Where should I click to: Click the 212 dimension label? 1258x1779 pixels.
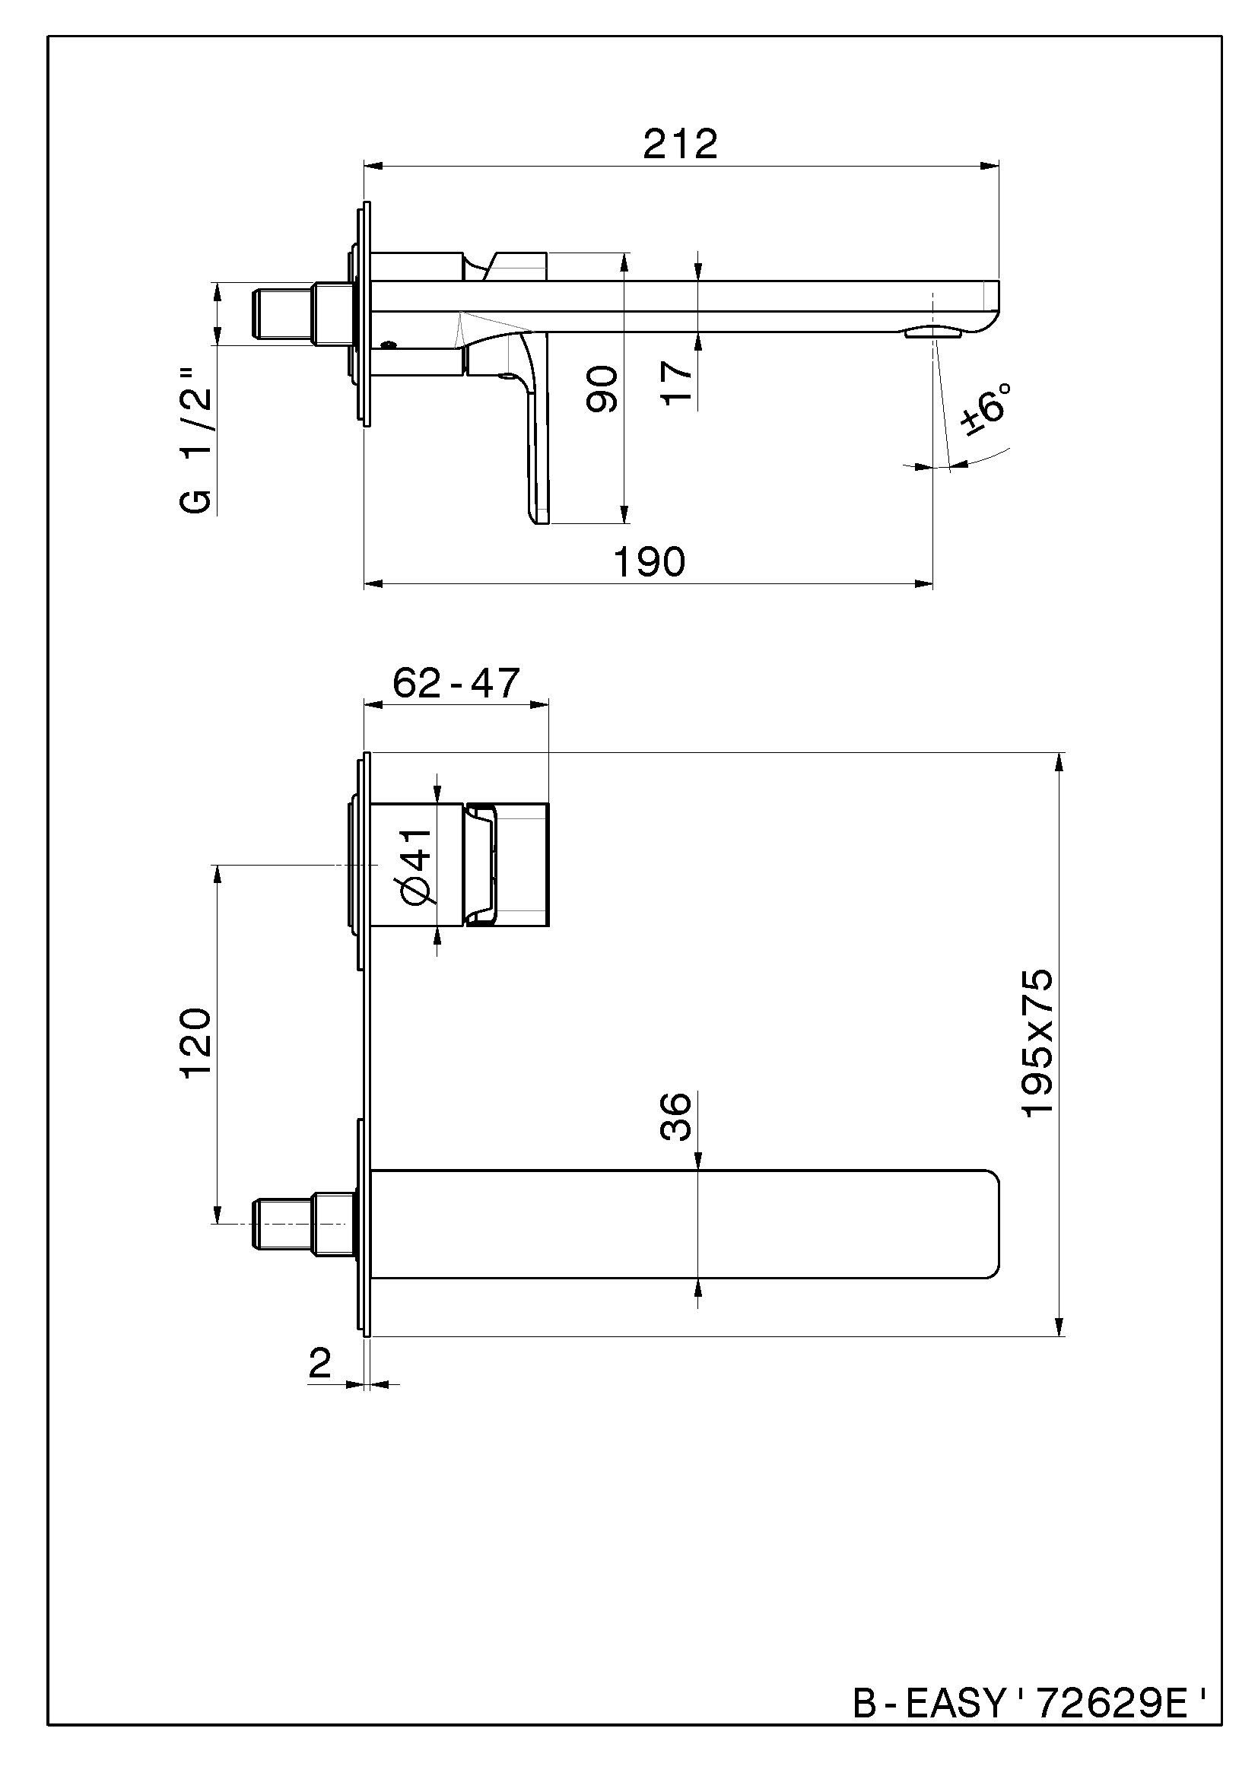pyautogui.click(x=680, y=144)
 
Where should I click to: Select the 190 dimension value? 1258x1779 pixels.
pyautogui.click(x=649, y=562)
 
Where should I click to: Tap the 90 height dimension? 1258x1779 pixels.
pyautogui.click(x=601, y=389)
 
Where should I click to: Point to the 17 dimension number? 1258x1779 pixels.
pyautogui.click(x=677, y=380)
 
